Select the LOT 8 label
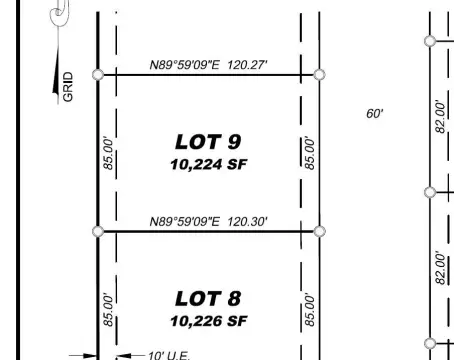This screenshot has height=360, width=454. [208, 298]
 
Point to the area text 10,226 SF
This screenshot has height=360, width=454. [208, 321]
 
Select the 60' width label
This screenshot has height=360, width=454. [374, 114]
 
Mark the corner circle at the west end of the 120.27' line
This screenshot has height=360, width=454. [97, 75]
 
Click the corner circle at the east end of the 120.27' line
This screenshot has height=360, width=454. [319, 75]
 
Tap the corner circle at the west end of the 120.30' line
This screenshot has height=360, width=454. [97, 232]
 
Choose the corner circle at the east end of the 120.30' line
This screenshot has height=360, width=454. [319, 232]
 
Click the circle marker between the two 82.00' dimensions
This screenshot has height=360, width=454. [430, 192]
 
